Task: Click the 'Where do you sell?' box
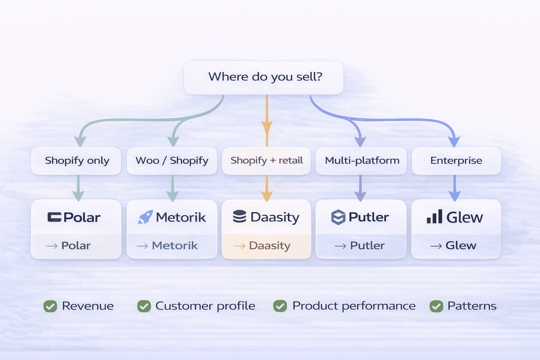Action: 264,77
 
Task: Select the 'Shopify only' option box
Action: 76,161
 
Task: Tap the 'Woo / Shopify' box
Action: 172,161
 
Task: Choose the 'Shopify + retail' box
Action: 266,161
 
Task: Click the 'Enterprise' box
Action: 456,161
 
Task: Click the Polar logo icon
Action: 54,217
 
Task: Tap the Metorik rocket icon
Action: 145,217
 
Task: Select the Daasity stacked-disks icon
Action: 239,217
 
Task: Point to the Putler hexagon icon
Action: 338,217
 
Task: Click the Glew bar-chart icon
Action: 435,217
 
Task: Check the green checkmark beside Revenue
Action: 50,306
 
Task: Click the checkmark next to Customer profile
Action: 144,306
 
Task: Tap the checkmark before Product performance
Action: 280,306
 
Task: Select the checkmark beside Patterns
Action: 436,306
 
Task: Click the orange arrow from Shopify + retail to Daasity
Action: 267,188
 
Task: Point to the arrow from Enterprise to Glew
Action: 455,188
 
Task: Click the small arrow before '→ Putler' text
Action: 340,246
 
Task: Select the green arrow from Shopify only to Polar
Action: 78,188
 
